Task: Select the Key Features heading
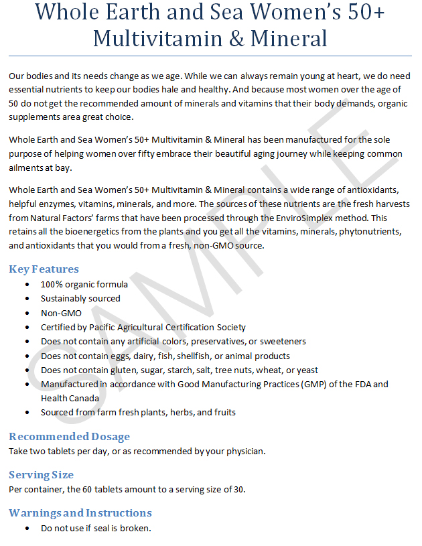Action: click(44, 269)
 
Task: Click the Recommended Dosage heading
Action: click(69, 437)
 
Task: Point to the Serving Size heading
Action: click(41, 475)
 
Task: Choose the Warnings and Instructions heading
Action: click(80, 513)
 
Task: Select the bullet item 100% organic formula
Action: click(84, 284)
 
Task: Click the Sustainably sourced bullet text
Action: click(80, 298)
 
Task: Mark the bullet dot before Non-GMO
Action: click(26, 313)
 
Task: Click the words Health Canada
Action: click(70, 398)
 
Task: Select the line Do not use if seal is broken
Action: click(96, 528)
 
